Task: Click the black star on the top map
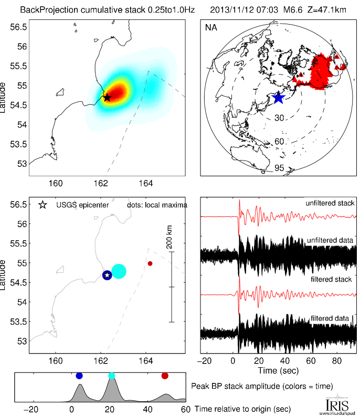point(107,97)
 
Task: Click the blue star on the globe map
point(278,97)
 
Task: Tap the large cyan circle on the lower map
point(119,271)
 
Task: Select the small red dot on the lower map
point(150,263)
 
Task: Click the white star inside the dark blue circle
point(107,275)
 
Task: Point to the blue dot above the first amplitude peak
point(79,376)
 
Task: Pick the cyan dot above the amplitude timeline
point(111,376)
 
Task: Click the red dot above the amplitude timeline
point(165,376)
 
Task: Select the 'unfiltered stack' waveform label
point(330,203)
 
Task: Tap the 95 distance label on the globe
point(279,168)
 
